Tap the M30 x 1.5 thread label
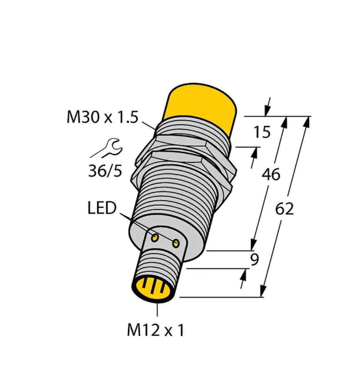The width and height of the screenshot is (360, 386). pyautogui.click(x=102, y=117)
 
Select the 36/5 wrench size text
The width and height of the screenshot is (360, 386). pyautogui.click(x=105, y=171)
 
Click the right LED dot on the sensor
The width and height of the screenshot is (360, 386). pyautogui.click(x=176, y=243)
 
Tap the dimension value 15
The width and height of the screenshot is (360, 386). pyautogui.click(x=262, y=132)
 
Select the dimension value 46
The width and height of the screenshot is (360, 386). pyautogui.click(x=270, y=175)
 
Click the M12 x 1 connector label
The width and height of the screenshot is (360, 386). pyautogui.click(x=156, y=330)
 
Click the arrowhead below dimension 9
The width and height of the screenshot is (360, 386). pyautogui.click(x=243, y=275)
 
